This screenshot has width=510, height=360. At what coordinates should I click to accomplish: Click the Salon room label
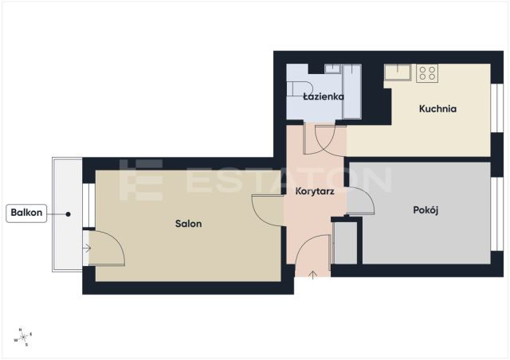[188, 224]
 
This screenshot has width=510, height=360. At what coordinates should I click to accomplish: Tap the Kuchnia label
[437, 108]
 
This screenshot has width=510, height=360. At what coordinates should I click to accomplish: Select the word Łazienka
[324, 96]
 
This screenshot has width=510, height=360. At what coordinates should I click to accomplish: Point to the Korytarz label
[315, 191]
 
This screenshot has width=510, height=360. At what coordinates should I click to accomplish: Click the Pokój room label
[426, 210]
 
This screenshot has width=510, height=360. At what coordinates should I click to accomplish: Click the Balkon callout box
[26, 213]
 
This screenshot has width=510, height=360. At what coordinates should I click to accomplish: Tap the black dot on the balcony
[68, 214]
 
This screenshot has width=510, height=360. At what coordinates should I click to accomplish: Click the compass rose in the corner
[23, 338]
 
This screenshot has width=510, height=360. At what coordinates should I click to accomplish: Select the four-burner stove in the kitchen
[427, 72]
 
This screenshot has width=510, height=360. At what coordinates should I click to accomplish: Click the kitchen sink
[398, 72]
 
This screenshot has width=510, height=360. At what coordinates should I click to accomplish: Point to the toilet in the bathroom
[300, 88]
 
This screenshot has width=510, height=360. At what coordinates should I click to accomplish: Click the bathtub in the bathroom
[351, 92]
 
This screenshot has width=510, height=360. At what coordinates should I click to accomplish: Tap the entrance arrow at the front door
[312, 275]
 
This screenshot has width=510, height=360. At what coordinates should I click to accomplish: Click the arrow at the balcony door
[87, 248]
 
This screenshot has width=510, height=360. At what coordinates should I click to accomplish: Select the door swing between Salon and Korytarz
[268, 210]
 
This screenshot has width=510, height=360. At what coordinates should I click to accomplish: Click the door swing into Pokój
[360, 201]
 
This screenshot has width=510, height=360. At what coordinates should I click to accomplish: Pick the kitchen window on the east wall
[497, 108]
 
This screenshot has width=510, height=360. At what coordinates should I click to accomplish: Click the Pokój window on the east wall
[497, 214]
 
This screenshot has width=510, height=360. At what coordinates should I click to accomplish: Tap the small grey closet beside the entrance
[345, 243]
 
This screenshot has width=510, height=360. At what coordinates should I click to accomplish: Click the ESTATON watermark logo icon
[141, 180]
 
